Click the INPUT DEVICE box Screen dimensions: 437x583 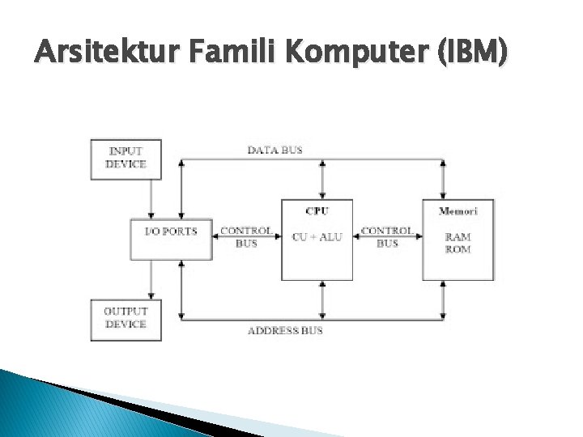click(x=126, y=158)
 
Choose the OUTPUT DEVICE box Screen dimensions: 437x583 click(x=126, y=318)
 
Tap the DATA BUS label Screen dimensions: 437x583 click(x=274, y=150)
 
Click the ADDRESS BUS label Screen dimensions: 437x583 click(x=284, y=330)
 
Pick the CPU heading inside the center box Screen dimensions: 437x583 click(x=317, y=210)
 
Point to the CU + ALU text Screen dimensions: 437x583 click(x=317, y=237)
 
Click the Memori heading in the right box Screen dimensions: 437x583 click(x=457, y=210)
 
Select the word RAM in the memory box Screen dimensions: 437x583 click(x=457, y=237)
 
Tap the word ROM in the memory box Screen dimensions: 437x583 click(x=457, y=249)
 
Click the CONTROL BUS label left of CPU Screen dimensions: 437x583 click(x=245, y=236)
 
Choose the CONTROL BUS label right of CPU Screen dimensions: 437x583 click(x=387, y=236)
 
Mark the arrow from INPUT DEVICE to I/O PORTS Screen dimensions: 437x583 click(x=151, y=198)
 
